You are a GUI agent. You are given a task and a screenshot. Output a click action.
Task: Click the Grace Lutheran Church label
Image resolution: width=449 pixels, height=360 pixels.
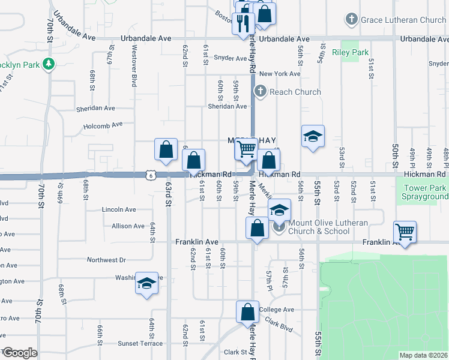tap(403, 20)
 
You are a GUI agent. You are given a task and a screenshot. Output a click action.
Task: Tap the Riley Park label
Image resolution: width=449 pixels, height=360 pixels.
tap(354, 53)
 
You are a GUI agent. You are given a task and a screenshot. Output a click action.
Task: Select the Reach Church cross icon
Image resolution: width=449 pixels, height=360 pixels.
tap(260, 92)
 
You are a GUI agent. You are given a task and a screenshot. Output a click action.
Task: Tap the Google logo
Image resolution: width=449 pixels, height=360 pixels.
tap(20, 352)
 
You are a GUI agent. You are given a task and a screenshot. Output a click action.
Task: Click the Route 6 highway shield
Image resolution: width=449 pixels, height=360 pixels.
tap(149, 175)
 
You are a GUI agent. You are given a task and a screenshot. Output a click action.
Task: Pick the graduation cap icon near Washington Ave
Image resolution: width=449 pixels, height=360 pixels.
tap(146, 283)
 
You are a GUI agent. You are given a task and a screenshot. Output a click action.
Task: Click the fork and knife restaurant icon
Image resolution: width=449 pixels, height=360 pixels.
tap(243, 23)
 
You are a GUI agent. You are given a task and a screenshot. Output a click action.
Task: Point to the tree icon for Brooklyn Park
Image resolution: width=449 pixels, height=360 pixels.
tap(47, 64)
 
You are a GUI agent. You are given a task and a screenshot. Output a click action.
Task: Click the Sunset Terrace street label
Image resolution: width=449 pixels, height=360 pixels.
tap(140, 344)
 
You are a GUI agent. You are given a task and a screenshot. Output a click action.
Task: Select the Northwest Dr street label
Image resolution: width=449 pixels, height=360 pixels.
tap(106, 260)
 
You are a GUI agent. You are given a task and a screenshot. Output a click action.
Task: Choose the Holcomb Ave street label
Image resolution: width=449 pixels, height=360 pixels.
tap(103, 125)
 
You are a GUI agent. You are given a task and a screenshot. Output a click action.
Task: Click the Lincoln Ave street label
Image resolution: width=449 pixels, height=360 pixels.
tap(119, 210)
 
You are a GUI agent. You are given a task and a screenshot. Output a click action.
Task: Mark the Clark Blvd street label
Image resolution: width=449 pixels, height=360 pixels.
tap(279, 328)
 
